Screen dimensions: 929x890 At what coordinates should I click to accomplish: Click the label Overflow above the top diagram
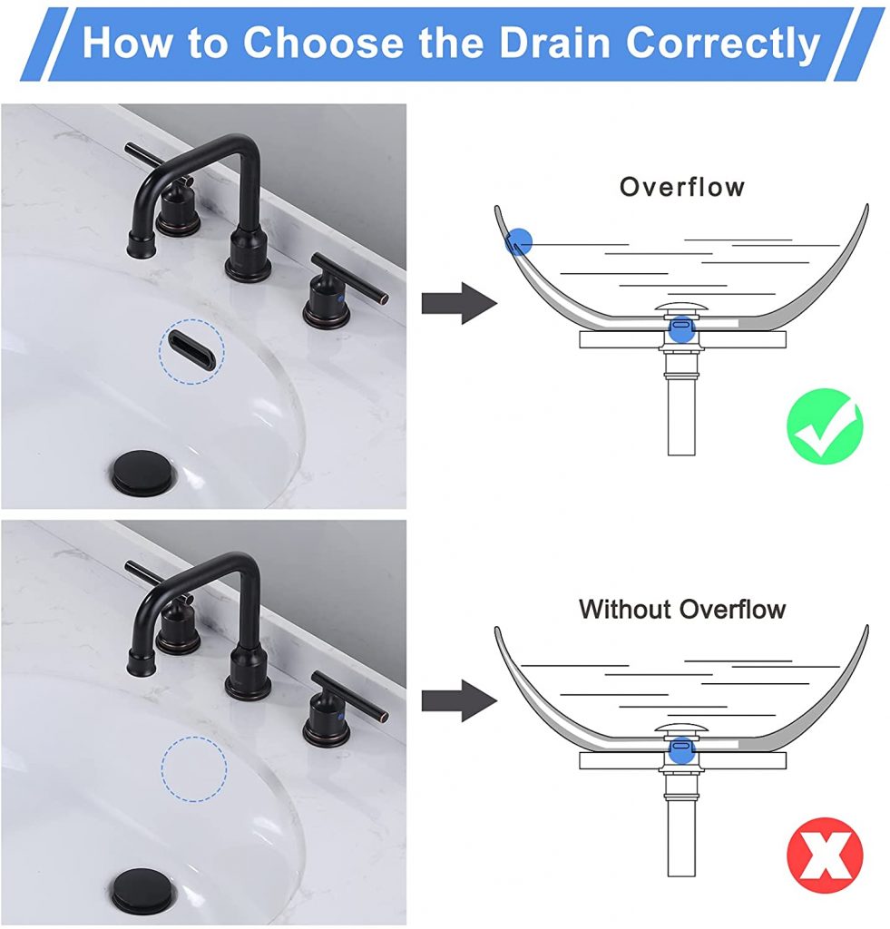pyautogui.click(x=682, y=187)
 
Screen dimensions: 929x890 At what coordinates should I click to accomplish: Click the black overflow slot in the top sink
pyautogui.click(x=191, y=350)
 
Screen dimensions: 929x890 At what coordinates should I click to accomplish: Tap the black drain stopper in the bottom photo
pyautogui.click(x=143, y=890)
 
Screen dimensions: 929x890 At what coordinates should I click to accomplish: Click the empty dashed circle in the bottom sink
pyautogui.click(x=194, y=768)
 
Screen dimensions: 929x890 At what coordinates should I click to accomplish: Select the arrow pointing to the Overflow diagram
pyautogui.click(x=459, y=303)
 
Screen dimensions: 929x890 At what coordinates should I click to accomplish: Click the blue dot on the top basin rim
pyautogui.click(x=518, y=240)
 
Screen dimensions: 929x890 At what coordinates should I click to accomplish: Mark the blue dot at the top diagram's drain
pyautogui.click(x=680, y=328)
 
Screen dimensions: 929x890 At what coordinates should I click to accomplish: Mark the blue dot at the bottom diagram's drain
pyautogui.click(x=680, y=750)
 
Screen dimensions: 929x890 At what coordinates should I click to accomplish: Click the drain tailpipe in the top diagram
pyautogui.click(x=680, y=417)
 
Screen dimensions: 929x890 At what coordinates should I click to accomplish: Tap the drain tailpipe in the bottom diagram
pyautogui.click(x=680, y=839)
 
